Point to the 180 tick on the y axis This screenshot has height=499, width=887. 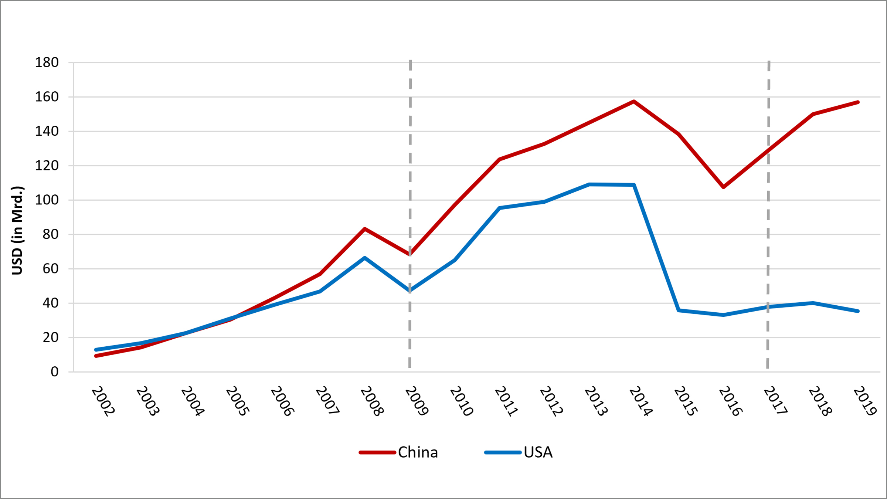click(47, 62)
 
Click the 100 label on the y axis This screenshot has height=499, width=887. click(47, 200)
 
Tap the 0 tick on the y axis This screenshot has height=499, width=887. click(54, 372)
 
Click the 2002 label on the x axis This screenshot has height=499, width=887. click(103, 401)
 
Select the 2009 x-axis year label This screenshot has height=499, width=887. click(417, 401)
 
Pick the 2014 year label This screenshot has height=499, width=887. click(641, 401)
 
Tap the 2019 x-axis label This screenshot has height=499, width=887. click(865, 401)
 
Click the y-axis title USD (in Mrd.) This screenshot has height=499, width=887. click(17, 230)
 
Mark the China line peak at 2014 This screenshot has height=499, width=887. click(634, 101)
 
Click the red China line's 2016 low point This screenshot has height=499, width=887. click(723, 187)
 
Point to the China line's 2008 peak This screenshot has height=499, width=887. click(365, 229)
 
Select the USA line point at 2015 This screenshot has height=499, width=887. click(679, 310)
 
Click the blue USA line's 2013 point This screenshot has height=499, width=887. click(589, 184)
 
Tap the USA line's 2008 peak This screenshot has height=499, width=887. click(365, 258)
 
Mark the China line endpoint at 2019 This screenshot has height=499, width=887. click(858, 102)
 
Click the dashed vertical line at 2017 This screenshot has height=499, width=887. click(768, 222)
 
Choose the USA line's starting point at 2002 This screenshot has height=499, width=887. click(96, 349)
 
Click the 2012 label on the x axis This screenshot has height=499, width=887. click(551, 401)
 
